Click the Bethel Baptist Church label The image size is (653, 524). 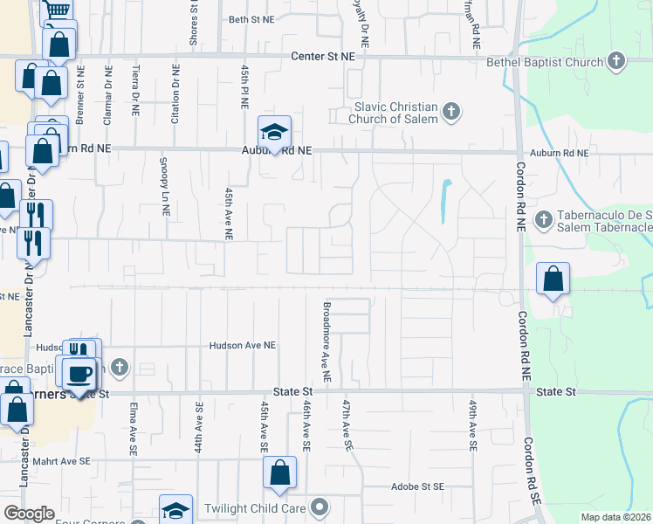tap(547, 62)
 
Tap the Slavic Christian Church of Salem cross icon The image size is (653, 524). tap(451, 111)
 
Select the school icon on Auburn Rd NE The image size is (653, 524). tap(274, 133)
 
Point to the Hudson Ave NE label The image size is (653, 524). tap(243, 346)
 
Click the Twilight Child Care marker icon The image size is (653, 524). tap(320, 507)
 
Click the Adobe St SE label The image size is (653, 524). tap(417, 486)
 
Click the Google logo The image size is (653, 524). tap(29, 514)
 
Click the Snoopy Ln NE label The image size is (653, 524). tap(164, 187)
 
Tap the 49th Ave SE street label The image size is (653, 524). tap(472, 426)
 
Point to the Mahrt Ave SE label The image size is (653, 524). tap(80, 460)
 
